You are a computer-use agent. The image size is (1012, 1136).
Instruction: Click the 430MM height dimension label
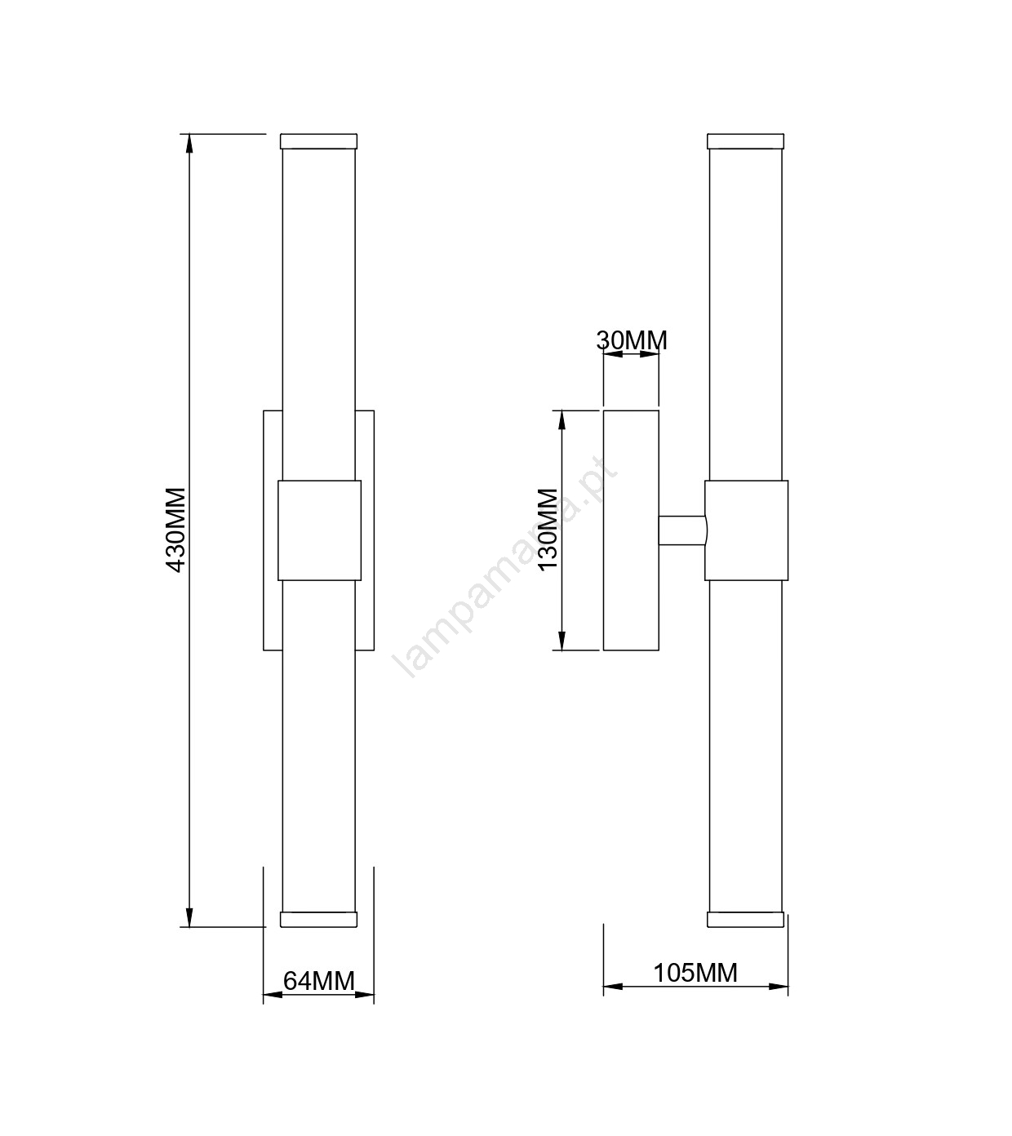[176, 530]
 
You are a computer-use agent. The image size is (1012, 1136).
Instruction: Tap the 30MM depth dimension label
[632, 340]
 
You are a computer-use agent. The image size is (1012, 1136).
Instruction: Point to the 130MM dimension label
[548, 530]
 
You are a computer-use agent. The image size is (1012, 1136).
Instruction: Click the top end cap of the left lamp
[318, 140]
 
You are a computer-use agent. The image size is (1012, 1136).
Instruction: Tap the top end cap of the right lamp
[746, 140]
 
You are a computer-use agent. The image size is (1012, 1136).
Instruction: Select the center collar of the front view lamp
[320, 530]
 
